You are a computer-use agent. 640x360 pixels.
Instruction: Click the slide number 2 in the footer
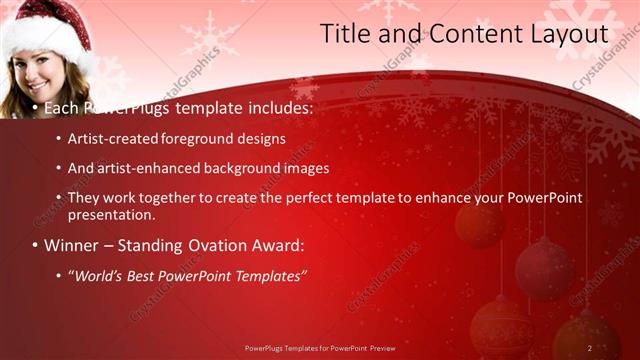point(590,347)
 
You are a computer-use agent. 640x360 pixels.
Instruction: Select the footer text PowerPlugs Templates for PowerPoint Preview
point(320,347)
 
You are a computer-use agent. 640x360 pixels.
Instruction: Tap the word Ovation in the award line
point(209,245)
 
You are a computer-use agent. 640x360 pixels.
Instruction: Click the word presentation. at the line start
point(112,214)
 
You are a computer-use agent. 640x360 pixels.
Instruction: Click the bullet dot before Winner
point(34,245)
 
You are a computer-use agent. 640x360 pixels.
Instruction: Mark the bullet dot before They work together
point(59,198)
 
